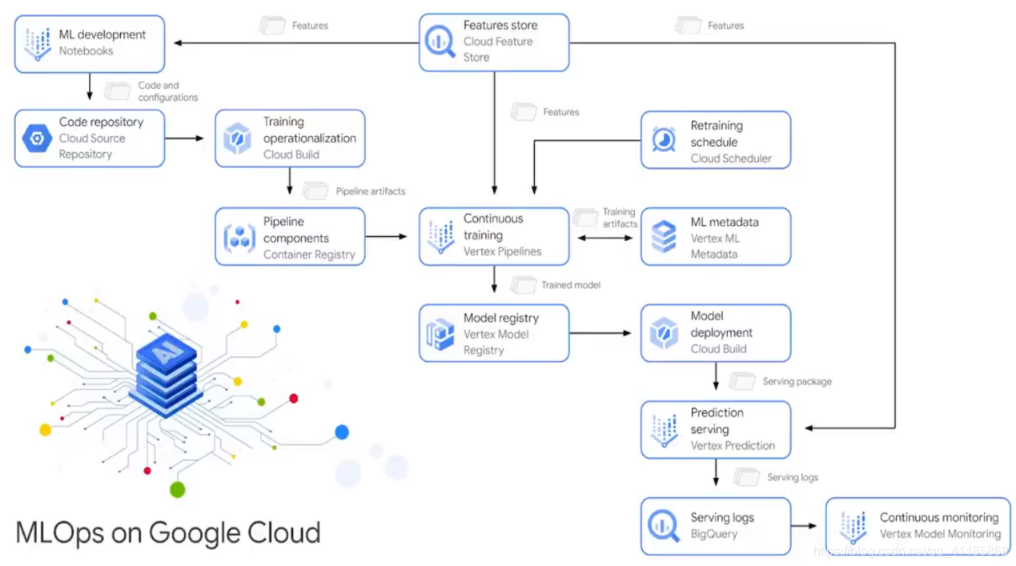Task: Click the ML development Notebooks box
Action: [90, 43]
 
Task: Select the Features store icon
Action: [440, 42]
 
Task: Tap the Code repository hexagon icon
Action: [37, 138]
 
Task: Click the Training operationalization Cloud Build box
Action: [290, 138]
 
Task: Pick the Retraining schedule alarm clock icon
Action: [664, 140]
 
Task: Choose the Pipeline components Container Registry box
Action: [290, 237]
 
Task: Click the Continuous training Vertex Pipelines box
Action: [494, 236]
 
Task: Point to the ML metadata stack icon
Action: [664, 238]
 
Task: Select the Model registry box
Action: [494, 333]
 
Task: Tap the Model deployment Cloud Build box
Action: [716, 333]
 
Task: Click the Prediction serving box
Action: [716, 430]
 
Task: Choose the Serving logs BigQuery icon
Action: [664, 526]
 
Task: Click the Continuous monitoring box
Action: [918, 526]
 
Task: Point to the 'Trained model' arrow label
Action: [570, 285]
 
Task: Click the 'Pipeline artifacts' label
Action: [370, 191]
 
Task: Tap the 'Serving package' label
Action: [796, 382]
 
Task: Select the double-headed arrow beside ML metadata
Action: [604, 238]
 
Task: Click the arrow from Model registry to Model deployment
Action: [600, 333]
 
